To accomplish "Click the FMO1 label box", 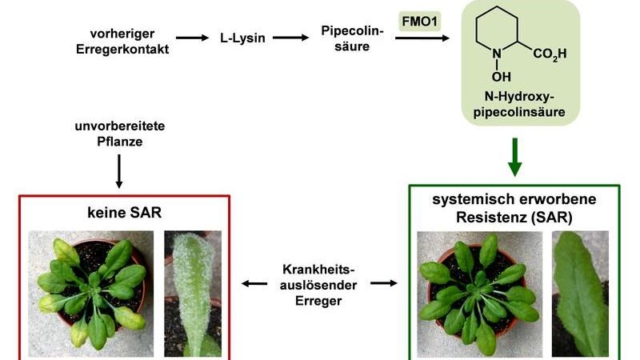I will coord(420,18).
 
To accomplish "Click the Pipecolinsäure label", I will coord(352,38).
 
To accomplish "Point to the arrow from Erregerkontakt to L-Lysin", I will coord(191,38).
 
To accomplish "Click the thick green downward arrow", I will coord(514,158).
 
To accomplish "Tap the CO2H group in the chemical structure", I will coord(550,55).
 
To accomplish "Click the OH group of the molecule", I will coord(501,77).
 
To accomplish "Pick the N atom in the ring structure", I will coord(498,55).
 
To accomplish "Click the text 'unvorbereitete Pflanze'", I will coord(119,134).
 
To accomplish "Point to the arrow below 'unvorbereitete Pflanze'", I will coord(119,170).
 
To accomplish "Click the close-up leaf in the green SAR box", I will coord(581,292).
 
